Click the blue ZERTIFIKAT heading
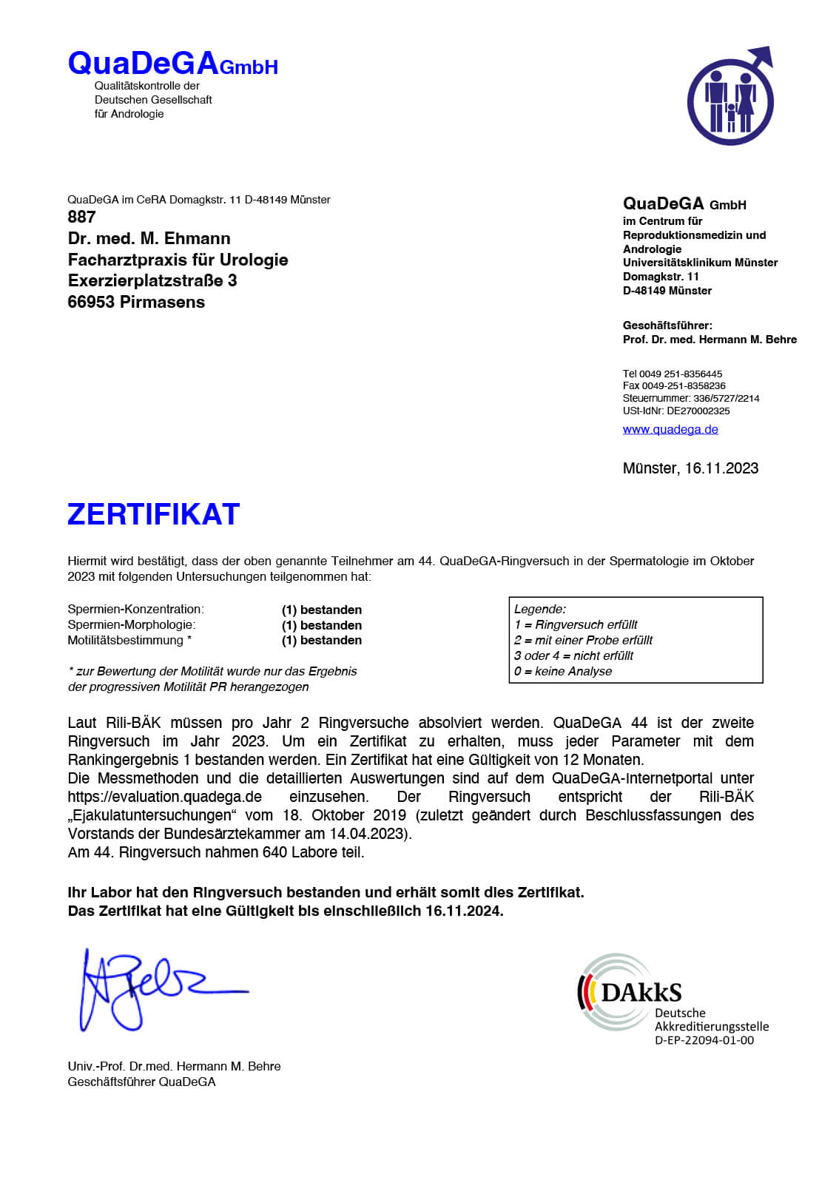click(153, 514)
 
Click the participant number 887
click(81, 217)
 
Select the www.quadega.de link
click(670, 429)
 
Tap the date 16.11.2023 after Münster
click(721, 468)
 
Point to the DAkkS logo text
click(641, 992)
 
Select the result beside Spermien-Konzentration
click(322, 610)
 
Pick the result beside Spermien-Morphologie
click(322, 625)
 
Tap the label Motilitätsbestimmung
click(126, 641)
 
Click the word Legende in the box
click(539, 609)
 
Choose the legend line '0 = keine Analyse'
click(563, 671)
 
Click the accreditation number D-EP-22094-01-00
click(704, 1040)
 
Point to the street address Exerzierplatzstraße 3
click(152, 280)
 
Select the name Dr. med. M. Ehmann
click(149, 238)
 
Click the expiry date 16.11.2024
click(464, 911)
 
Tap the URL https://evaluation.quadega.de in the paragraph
click(164, 797)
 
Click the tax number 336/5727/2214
click(726, 398)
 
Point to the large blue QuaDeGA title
click(144, 64)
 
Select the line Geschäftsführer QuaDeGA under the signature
click(141, 1082)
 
